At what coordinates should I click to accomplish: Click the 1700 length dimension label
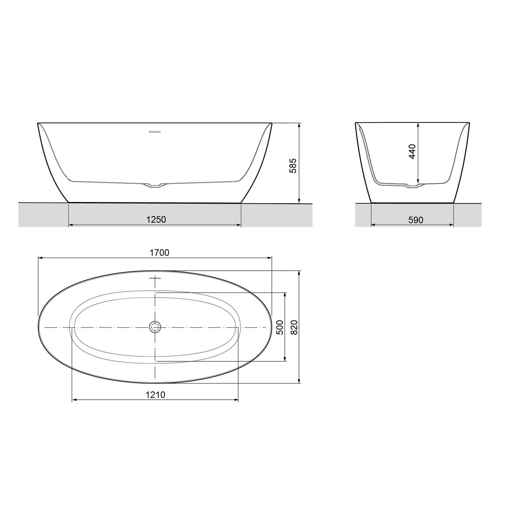pyautogui.click(x=159, y=253)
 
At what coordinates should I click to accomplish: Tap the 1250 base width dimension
pyautogui.click(x=155, y=219)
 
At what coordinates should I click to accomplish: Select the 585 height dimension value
pyautogui.click(x=292, y=166)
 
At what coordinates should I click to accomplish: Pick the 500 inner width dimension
pyautogui.click(x=279, y=327)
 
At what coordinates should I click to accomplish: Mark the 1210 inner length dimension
pyautogui.click(x=155, y=395)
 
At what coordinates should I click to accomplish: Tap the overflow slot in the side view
pyautogui.click(x=154, y=132)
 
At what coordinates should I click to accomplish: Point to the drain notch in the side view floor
pyautogui.click(x=154, y=185)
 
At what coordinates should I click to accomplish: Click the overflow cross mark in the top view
pyautogui.click(x=156, y=278)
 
